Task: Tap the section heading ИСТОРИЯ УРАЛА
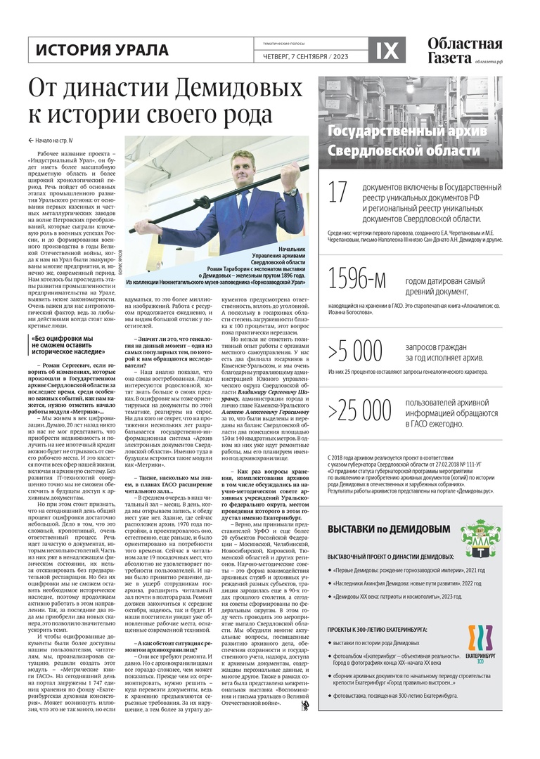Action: pyautogui.click(x=102, y=50)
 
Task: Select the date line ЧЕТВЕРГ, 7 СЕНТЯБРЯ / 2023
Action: pyautogui.click(x=278, y=56)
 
